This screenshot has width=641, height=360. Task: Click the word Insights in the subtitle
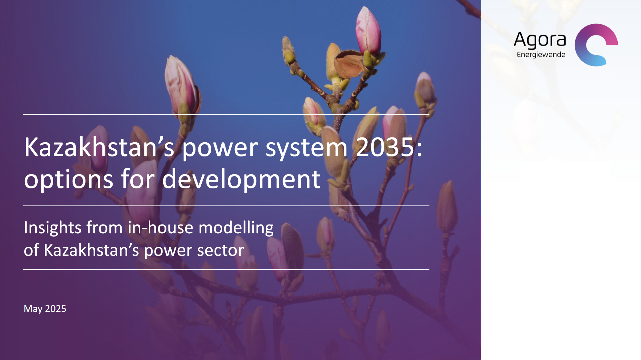tap(53, 228)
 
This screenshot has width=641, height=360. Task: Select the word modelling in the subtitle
tap(236, 228)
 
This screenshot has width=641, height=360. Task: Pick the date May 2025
tap(45, 309)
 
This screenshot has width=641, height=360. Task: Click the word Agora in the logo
tap(540, 40)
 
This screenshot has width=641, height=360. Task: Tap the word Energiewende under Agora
tap(541, 55)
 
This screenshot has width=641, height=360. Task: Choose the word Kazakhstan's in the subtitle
tap(91, 250)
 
